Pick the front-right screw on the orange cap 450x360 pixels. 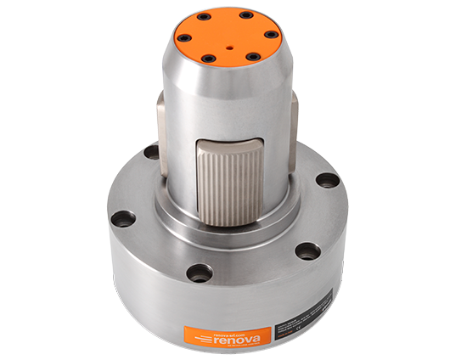click(x=253, y=57)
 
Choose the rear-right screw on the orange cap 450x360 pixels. click(x=246, y=14)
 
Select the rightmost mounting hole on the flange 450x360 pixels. click(x=327, y=180)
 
